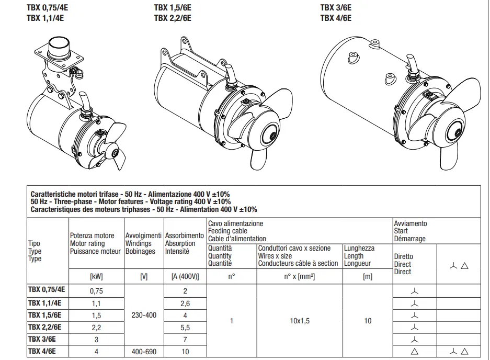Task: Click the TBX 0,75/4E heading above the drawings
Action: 47,7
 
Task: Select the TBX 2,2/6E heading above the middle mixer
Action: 173,18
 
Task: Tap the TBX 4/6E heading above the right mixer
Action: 336,18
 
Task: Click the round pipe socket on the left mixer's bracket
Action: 59,46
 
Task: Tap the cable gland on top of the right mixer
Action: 412,72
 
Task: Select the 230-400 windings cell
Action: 144,315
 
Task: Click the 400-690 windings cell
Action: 144,352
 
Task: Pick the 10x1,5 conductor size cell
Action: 300,321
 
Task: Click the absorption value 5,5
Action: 185,328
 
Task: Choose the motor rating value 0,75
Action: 96,291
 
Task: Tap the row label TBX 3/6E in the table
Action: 42,339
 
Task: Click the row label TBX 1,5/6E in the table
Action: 44,315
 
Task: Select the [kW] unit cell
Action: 96,276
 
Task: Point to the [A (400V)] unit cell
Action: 185,276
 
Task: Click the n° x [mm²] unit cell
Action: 299,276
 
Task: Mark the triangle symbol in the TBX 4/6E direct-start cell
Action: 414,352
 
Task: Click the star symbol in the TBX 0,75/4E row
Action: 414,291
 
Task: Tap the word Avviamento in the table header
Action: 411,223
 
